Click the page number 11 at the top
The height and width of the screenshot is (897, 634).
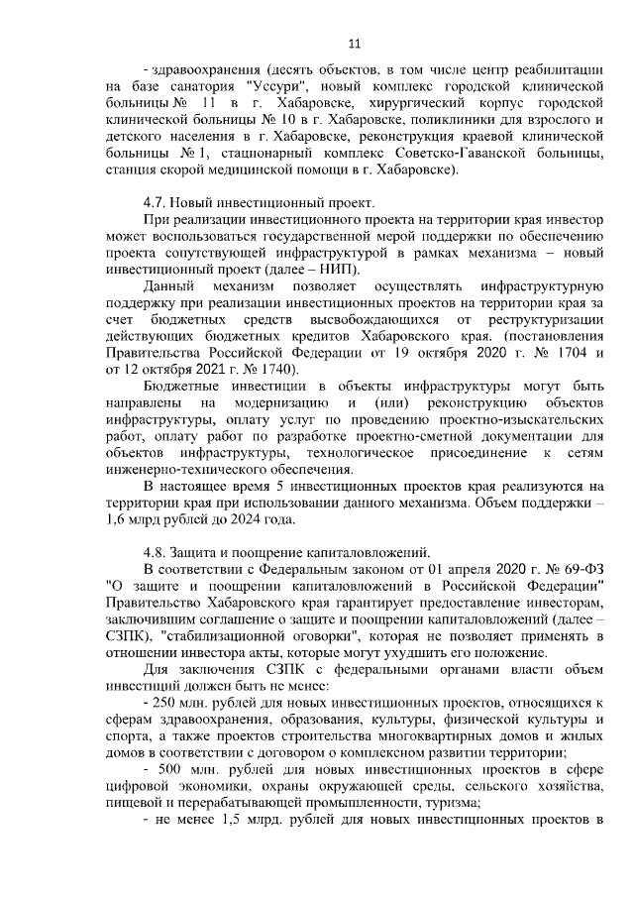click(355, 43)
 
